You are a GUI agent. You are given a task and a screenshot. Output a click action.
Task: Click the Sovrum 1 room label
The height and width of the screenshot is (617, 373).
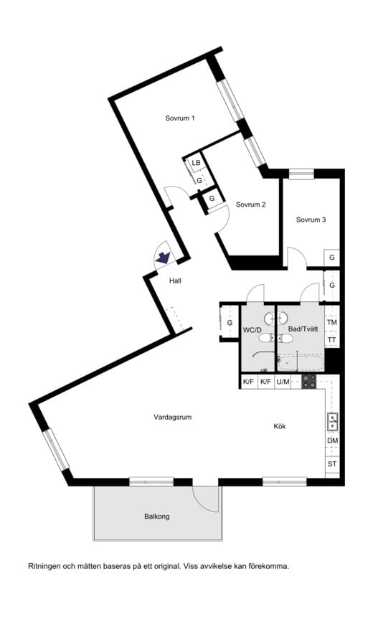point(179,118)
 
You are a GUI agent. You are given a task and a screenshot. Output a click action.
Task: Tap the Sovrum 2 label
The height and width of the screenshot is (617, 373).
point(251,204)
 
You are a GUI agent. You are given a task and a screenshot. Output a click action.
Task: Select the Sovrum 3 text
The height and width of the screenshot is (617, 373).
point(311,220)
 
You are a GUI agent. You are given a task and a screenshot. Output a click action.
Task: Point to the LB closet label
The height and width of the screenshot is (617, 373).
point(195,164)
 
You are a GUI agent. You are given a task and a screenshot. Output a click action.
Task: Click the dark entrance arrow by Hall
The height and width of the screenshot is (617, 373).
point(164,256)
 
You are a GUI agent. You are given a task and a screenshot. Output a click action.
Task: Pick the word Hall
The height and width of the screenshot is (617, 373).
point(175,281)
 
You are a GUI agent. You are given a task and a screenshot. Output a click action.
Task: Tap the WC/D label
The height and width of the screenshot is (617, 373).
point(252,330)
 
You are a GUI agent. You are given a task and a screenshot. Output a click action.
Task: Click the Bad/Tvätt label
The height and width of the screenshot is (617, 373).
point(303,329)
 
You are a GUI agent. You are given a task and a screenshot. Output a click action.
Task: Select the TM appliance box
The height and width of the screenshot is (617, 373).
point(332,323)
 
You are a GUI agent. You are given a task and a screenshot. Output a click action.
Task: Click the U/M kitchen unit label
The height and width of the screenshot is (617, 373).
point(283,382)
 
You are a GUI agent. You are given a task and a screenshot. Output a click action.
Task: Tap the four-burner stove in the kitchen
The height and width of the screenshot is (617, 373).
point(309,381)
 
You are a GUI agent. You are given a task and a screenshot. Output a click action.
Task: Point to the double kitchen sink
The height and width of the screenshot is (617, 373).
point(333,421)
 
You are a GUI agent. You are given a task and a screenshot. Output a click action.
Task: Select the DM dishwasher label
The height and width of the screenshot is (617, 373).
point(332,441)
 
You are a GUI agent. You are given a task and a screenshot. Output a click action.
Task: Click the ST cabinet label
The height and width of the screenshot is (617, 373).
point(332,464)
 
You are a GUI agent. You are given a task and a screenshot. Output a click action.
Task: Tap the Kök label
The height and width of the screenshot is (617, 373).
point(280,426)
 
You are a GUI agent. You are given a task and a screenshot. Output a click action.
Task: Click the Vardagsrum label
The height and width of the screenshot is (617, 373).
point(173,417)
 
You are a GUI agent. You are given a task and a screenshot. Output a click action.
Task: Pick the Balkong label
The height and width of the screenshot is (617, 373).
point(156,516)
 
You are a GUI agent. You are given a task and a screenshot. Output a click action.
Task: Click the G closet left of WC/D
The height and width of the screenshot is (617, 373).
point(230,323)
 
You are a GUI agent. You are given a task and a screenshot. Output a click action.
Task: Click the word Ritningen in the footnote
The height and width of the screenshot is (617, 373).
point(44,566)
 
